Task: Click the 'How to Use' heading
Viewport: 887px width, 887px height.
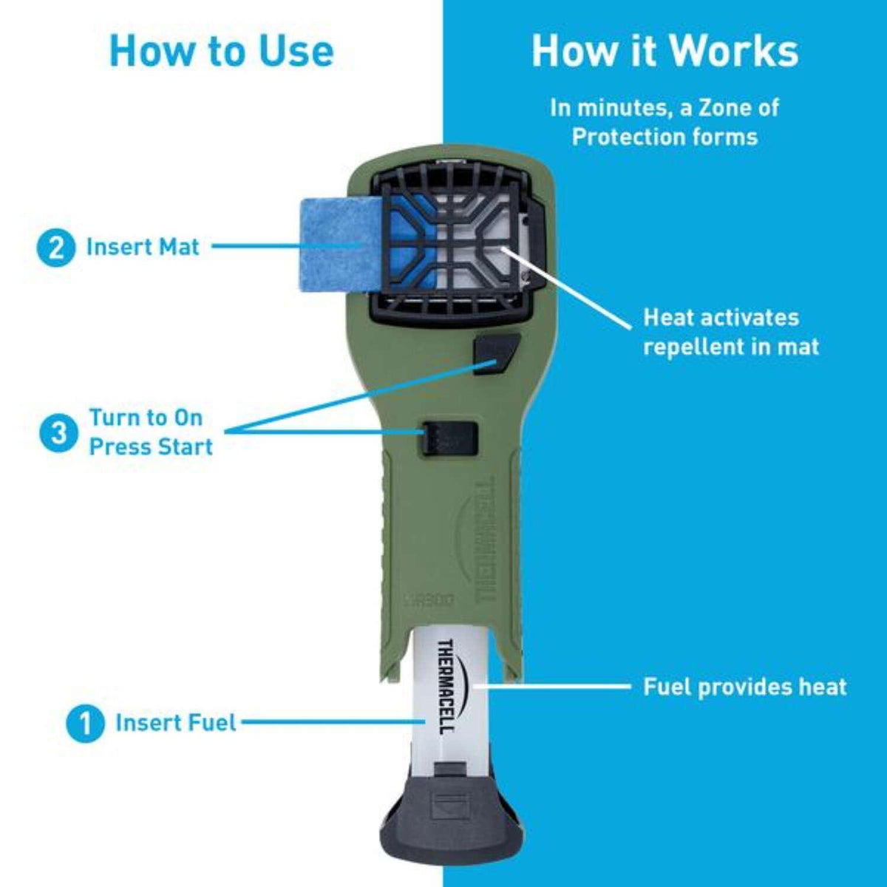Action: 222,52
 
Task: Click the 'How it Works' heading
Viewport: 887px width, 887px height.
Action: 665,52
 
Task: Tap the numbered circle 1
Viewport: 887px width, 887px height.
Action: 85,724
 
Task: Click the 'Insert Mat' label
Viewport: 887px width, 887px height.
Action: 143,247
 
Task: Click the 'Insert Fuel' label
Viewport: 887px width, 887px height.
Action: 176,723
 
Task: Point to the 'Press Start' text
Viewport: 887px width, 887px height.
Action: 151,447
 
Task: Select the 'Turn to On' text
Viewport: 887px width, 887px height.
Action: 146,418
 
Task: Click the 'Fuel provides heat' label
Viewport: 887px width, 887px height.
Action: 745,687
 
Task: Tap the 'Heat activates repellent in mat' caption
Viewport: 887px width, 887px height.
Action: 730,332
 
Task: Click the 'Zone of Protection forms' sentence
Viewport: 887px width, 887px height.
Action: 665,123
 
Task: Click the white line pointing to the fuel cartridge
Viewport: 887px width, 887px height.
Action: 551,686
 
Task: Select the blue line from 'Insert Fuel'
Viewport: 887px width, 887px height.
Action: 333,721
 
